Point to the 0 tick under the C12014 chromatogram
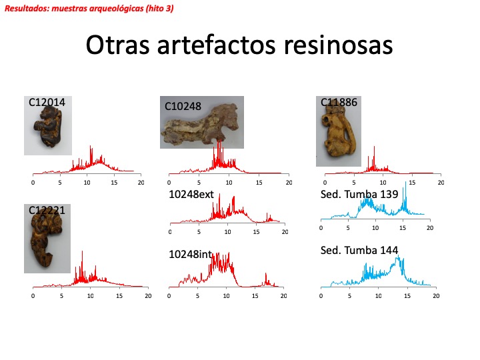click(33, 182)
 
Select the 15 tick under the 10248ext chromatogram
click(256, 232)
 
